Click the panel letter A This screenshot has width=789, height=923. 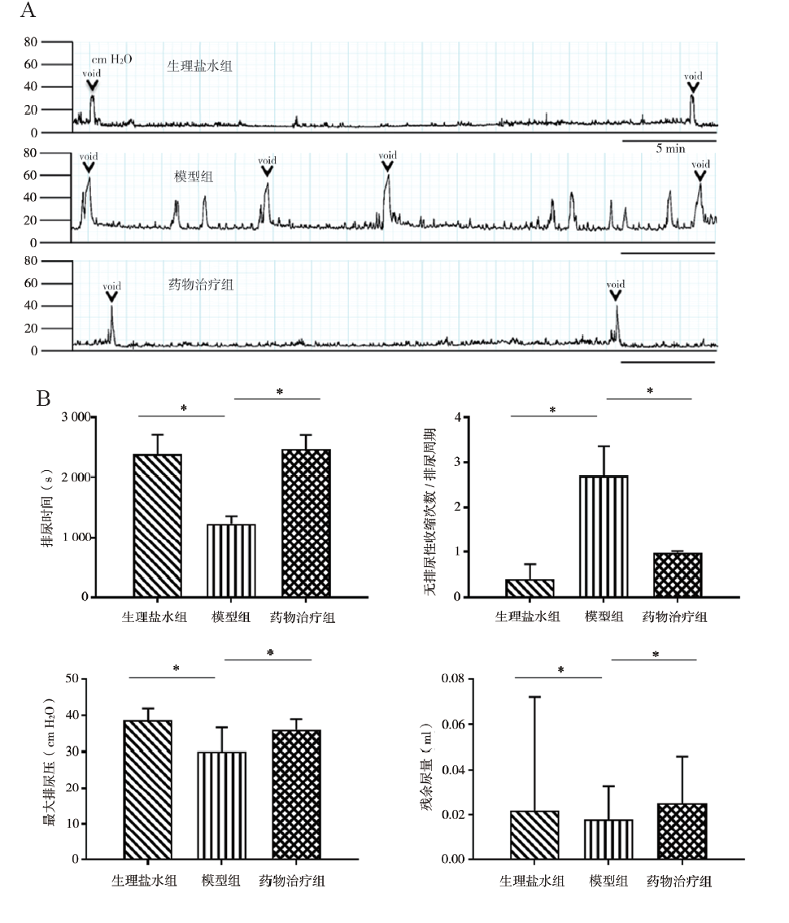coord(28,11)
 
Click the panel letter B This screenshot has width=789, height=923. coord(45,399)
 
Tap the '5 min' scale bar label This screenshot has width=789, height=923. coord(670,149)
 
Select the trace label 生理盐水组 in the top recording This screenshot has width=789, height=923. coord(199,66)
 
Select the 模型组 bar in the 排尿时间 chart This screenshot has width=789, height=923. coord(231,560)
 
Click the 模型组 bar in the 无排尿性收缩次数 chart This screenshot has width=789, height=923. coord(604,536)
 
